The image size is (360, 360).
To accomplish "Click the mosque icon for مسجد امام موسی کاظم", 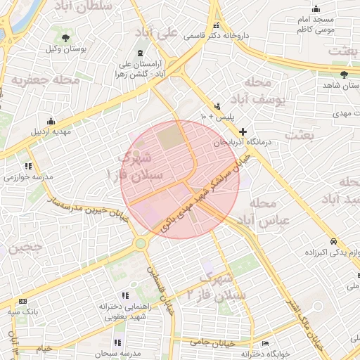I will point(316,8).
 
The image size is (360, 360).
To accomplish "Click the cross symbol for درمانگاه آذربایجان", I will point(243,131).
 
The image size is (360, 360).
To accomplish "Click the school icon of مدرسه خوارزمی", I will point(28,166).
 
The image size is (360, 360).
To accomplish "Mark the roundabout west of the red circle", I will point(141,243).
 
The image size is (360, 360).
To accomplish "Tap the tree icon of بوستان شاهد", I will point(344,74).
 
